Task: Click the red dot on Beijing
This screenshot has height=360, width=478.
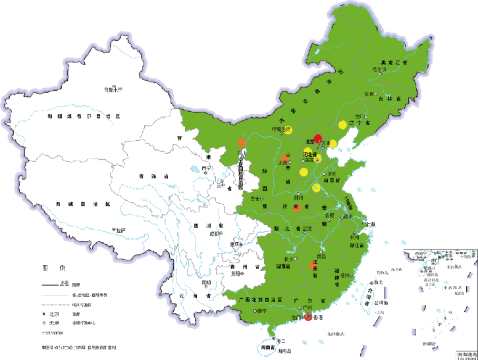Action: pyautogui.click(x=317, y=138)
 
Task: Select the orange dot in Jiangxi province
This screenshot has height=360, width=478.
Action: pyautogui.click(x=311, y=265)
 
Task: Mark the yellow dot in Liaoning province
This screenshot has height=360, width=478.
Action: pyautogui.click(x=342, y=124)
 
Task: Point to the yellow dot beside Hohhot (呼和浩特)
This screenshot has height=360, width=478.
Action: pyautogui.click(x=288, y=129)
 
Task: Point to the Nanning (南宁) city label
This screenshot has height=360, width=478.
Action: pyautogui.click(x=261, y=310)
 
